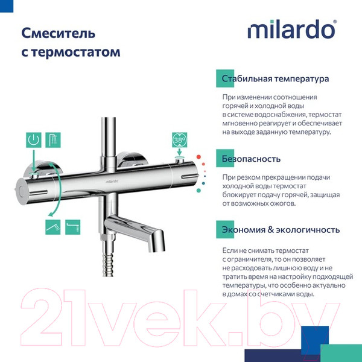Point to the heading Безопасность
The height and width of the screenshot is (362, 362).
pyautogui.click(x=251, y=159)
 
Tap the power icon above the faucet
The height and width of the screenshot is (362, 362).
pyautogui.click(x=34, y=141)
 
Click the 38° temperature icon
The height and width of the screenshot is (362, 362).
pyautogui.click(x=180, y=140)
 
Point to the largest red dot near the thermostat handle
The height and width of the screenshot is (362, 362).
pyautogui.click(x=206, y=164)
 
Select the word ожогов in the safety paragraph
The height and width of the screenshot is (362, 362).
pyautogui.click(x=281, y=203)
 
